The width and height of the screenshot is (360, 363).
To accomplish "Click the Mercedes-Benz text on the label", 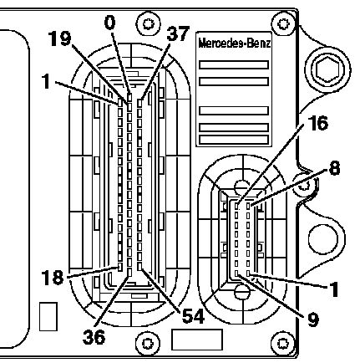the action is tap(235, 43).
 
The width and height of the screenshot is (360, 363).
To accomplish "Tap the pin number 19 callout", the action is tap(60, 38).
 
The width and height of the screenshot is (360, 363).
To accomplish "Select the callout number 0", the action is tap(110, 23).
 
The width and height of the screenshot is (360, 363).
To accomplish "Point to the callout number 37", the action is tap(178, 33).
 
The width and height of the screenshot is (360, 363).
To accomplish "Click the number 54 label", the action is tap(193, 316).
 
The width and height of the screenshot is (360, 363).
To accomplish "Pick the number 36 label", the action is tap(94, 337).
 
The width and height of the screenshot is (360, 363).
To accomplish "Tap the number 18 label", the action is tap(53, 278).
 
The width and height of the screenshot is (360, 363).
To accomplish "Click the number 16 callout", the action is tap(318, 123).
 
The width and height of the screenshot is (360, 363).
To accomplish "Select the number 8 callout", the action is tap(334, 168).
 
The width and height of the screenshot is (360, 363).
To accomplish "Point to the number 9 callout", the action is tap(313, 320).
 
